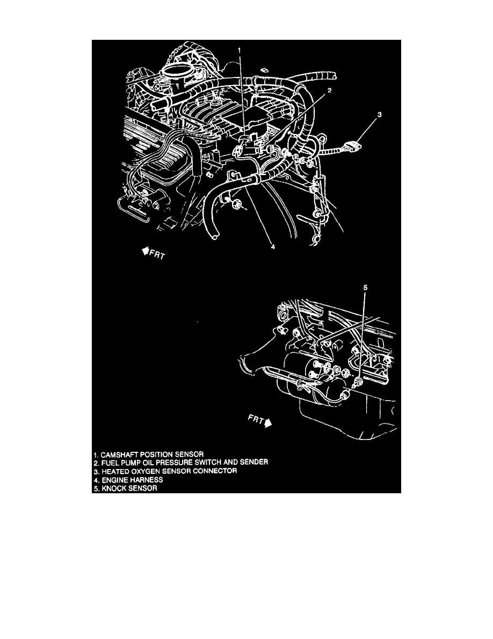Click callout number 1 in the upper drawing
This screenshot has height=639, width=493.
240,51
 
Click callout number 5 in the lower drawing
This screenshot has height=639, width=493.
366,288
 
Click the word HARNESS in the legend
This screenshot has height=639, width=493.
144,480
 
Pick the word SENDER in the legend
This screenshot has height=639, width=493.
252,462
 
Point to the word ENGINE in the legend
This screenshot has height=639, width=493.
114,480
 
